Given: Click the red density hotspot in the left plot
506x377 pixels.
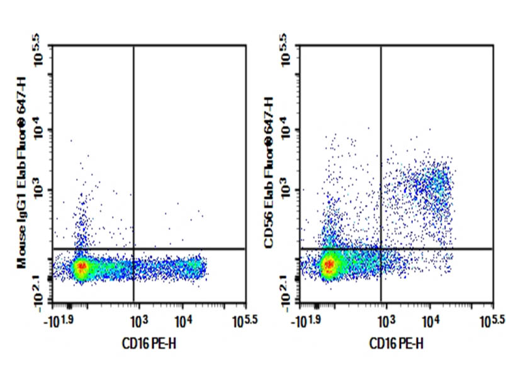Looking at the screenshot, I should click(81, 268).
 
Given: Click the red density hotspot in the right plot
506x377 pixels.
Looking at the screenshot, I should click(328, 267).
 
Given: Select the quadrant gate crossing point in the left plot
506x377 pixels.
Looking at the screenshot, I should click(133, 249).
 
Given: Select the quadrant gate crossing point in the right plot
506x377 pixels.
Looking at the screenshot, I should click(381, 249).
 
